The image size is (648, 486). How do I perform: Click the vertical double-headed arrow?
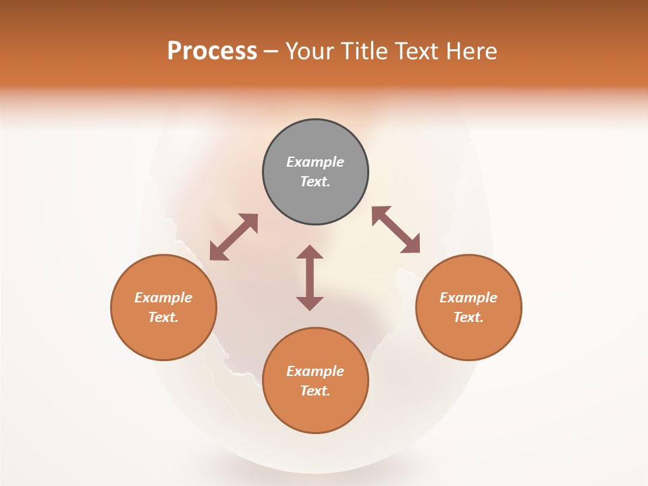coord(310,278)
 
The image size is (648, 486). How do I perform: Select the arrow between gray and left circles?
coord(234,237)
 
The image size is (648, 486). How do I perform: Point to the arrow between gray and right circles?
coord(396,230)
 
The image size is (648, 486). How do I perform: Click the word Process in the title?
coord(212,51)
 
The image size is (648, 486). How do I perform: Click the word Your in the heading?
coord(309,51)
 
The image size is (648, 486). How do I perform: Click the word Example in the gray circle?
coord(315,162)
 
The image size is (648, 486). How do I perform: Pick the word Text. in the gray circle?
coord(315,182)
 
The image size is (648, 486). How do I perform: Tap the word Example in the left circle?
coord(163,298)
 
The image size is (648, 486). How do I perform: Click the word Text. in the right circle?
coord(468,317)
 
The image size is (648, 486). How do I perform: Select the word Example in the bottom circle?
coord(315,371)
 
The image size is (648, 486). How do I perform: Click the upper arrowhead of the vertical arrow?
coord(310,252)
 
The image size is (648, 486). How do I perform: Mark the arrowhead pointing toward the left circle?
coord(217,253)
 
